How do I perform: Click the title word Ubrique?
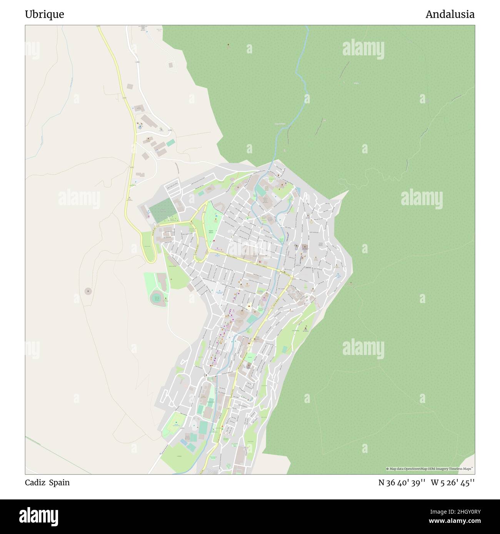click(45, 15)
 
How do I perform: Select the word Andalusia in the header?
click(450, 15)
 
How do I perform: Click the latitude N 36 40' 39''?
click(402, 483)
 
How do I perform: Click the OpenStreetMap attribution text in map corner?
click(430, 469)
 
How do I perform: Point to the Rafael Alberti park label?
click(210, 232)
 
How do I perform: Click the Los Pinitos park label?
click(295, 330)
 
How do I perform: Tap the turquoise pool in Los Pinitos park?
click(284, 349)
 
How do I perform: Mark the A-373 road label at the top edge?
click(98, 27)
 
